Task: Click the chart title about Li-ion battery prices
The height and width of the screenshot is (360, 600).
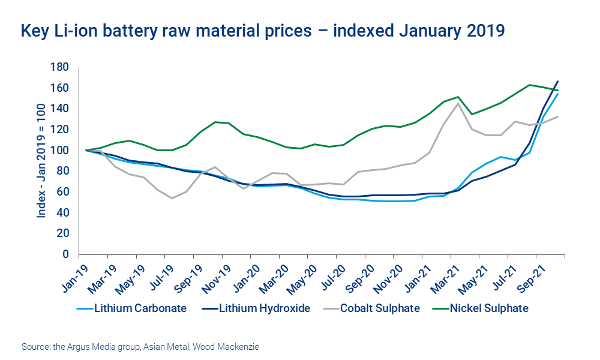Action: [262, 31]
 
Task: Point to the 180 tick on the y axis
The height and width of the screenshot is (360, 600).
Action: [60, 67]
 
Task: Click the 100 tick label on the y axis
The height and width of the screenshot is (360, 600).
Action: [60, 150]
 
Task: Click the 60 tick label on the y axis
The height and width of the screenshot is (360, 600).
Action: [62, 192]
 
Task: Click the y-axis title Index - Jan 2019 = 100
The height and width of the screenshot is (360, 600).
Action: [42, 160]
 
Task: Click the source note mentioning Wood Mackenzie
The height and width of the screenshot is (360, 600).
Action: [140, 347]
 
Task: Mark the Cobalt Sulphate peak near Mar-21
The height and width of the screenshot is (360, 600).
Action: [458, 103]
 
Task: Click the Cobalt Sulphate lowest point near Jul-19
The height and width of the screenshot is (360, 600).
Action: [172, 198]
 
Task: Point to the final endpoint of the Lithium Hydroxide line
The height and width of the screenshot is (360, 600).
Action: [558, 81]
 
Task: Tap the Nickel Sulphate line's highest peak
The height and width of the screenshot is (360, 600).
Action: [530, 85]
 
